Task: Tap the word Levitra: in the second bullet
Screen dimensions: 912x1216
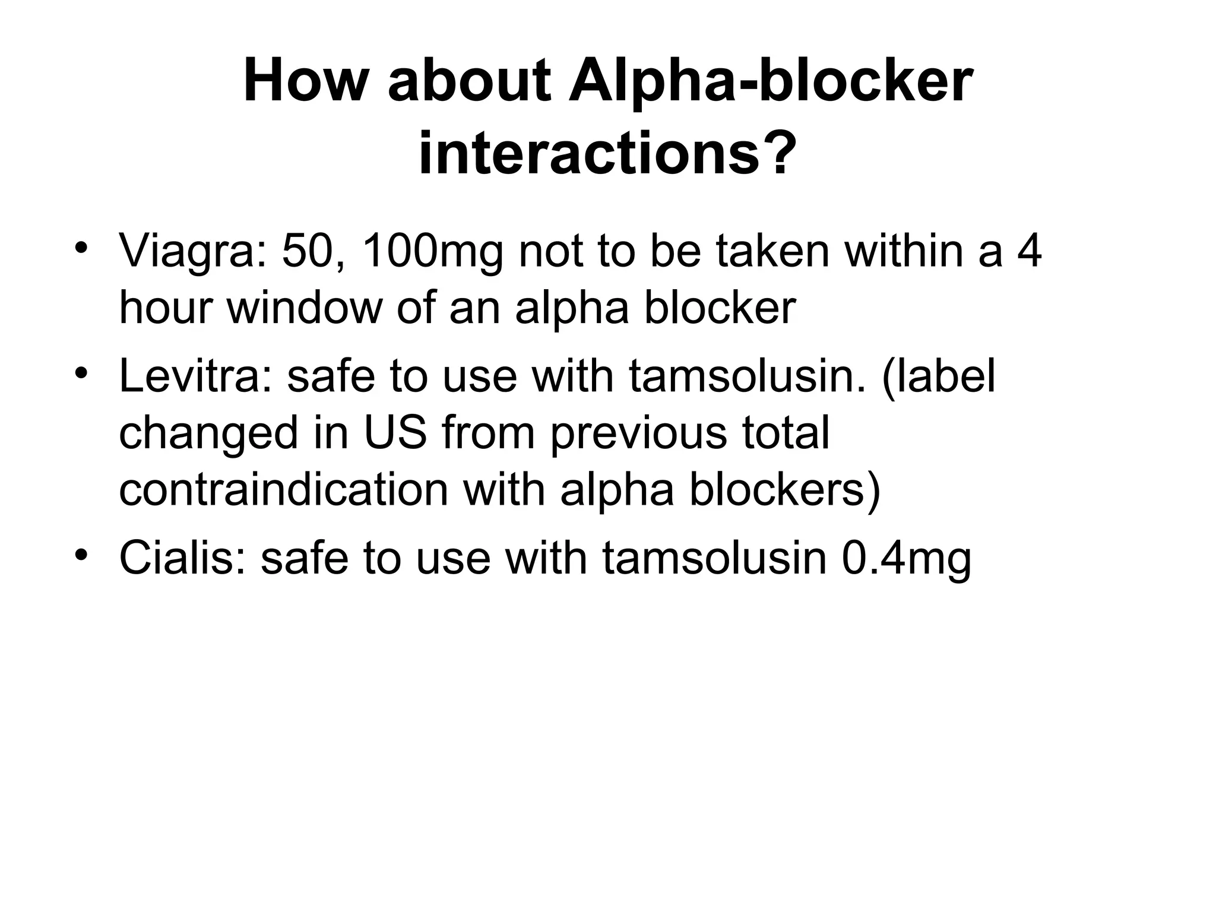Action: pyautogui.click(x=196, y=377)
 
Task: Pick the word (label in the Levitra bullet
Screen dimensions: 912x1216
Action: pyautogui.click(x=939, y=377)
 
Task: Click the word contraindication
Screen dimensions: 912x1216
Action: pyautogui.click(x=284, y=490)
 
